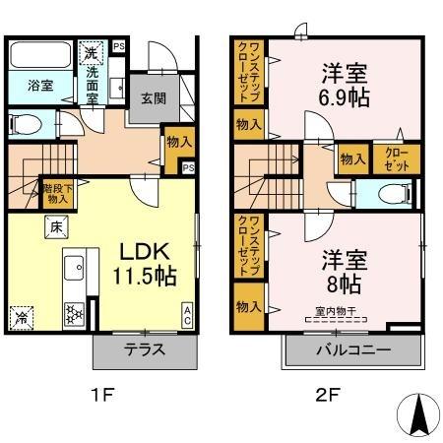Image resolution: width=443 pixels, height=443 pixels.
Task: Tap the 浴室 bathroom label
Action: pyautogui.click(x=28, y=87)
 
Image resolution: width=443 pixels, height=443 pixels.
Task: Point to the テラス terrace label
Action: pyautogui.click(x=144, y=349)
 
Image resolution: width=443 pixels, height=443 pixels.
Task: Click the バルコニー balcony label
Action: pyautogui.click(x=352, y=349)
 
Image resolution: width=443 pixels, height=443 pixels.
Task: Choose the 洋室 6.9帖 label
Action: pyautogui.click(x=343, y=85)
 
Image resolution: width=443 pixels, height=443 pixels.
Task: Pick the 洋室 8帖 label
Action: pyautogui.click(x=343, y=272)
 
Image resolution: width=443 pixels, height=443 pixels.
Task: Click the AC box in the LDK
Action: pyautogui.click(x=186, y=314)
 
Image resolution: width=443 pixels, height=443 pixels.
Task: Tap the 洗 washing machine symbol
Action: pyautogui.click(x=91, y=52)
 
